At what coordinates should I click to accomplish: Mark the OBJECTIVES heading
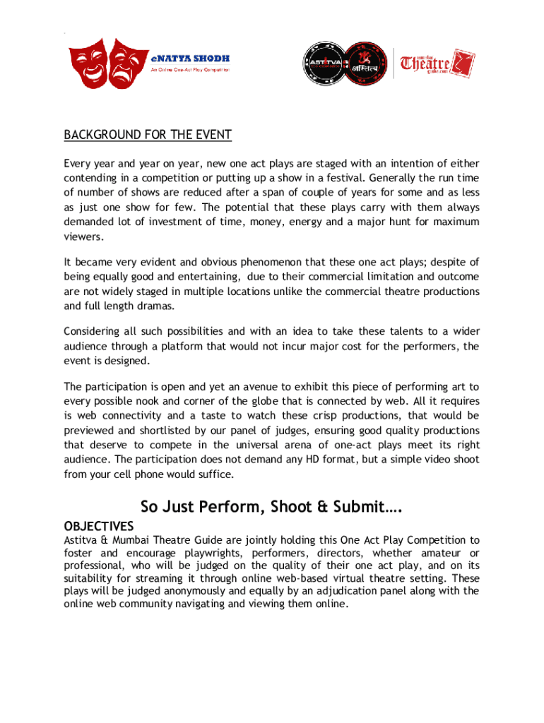click(x=99, y=527)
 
